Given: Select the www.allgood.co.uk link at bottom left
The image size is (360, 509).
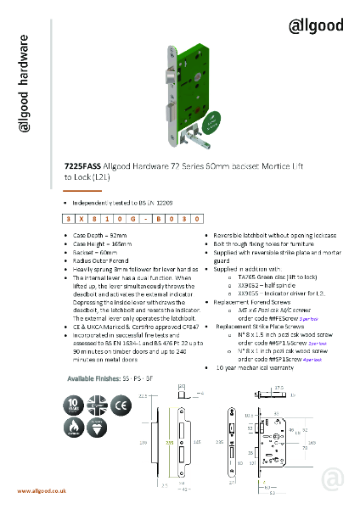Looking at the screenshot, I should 42,491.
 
